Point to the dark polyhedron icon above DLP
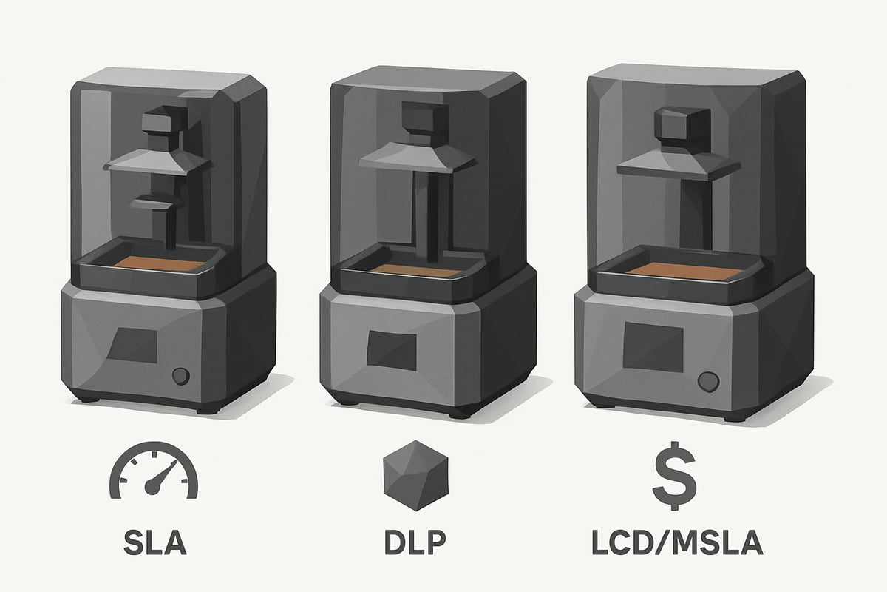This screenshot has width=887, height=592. point(415,475)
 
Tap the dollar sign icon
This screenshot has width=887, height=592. point(674,475)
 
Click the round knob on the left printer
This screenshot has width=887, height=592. point(181,376)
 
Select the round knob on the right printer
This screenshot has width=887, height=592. point(708,382)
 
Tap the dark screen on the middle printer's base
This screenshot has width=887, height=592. point(392,350)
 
